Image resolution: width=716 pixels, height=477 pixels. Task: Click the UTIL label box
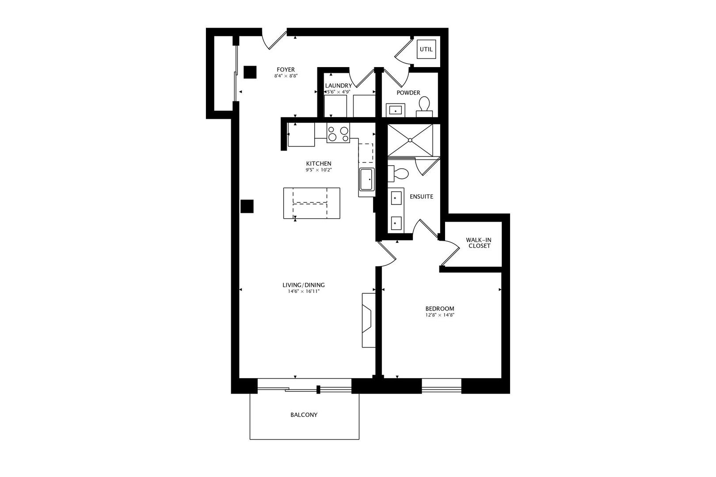427,49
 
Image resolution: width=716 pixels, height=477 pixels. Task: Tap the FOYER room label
286,69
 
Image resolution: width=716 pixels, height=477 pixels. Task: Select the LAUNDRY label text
339,86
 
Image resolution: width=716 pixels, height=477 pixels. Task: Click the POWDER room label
408,93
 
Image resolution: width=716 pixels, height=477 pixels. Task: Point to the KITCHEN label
318,163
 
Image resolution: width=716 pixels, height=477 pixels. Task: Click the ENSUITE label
421,197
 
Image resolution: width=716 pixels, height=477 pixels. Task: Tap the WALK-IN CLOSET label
479,243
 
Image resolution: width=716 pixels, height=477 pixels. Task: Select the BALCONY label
304,415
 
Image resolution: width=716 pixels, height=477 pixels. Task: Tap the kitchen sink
367,179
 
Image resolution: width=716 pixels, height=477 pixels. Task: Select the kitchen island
312,203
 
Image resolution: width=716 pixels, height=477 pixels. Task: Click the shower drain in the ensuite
410,140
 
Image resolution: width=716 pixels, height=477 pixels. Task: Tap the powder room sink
396,110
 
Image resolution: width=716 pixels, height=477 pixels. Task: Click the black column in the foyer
250,72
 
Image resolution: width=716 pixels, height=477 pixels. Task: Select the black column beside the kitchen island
247,206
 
